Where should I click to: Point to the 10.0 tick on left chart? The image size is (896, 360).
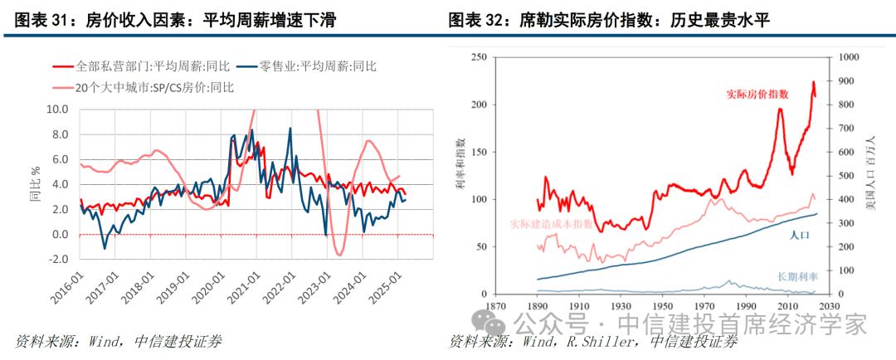tap(57, 109)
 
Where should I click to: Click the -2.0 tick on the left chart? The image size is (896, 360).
tap(57, 260)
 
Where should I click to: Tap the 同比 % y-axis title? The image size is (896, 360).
tap(35, 183)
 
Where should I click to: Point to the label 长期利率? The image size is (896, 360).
tap(797, 275)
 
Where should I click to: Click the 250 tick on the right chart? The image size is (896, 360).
tap(476, 57)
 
